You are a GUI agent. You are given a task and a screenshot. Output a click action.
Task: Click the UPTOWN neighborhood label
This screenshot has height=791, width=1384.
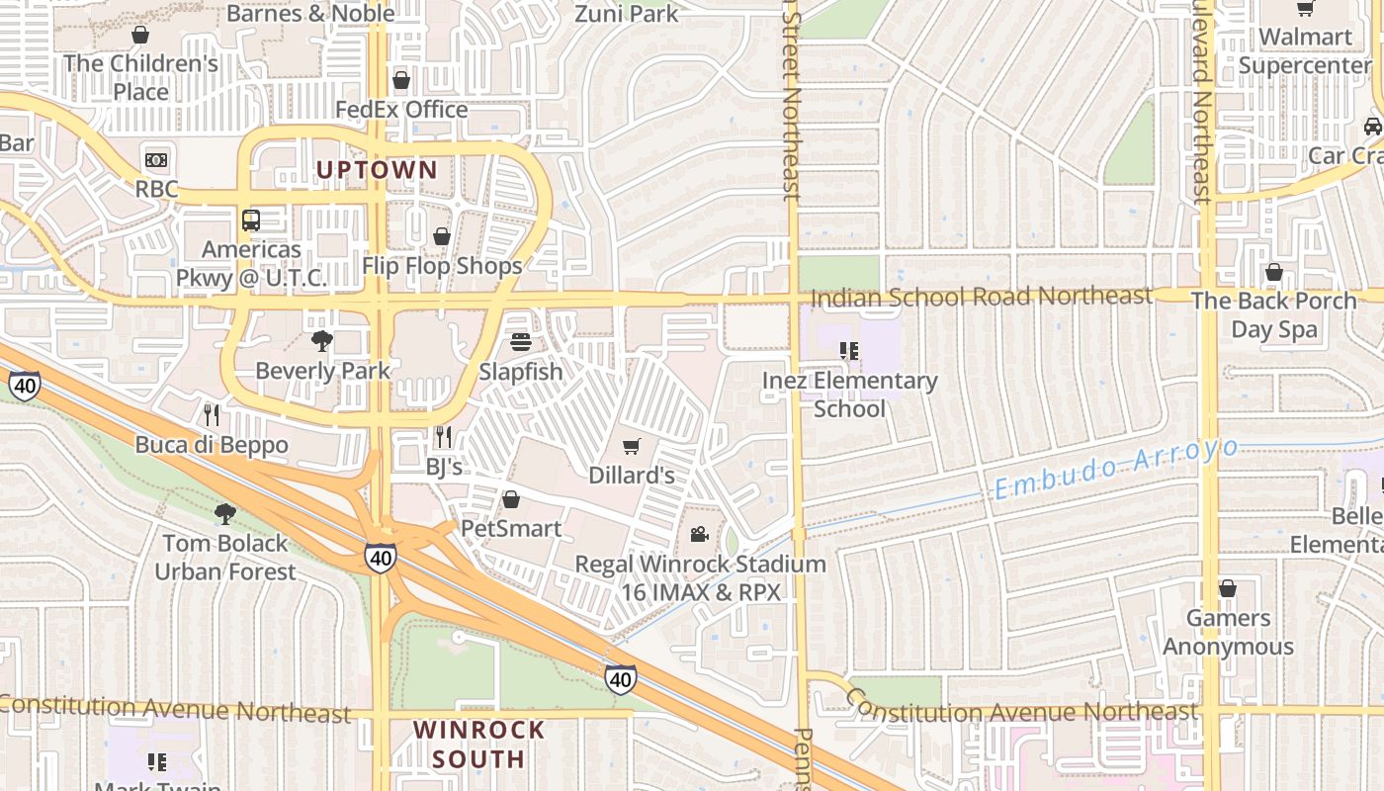[x=376, y=169]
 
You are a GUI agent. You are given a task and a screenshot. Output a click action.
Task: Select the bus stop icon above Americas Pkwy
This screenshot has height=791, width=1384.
[x=251, y=220]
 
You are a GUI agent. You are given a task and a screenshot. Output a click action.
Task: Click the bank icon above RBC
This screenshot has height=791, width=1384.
[x=156, y=159]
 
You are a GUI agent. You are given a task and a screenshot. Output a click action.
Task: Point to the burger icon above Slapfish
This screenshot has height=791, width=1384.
[x=521, y=342]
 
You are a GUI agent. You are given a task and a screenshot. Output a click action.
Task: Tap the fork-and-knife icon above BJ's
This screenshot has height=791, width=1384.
[x=443, y=436]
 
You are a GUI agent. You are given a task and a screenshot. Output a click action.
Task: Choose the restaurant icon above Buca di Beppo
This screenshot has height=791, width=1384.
[x=212, y=414]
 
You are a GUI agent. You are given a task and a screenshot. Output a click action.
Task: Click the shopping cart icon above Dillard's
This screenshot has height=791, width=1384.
[x=632, y=446]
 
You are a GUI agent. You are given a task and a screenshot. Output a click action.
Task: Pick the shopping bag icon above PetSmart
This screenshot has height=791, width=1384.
[x=511, y=499]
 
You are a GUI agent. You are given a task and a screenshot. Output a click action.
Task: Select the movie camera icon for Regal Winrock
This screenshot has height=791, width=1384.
[x=699, y=535]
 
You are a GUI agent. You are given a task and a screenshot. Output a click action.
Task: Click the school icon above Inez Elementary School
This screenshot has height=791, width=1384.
[x=848, y=350]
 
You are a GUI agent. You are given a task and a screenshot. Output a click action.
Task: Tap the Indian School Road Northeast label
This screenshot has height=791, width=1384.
[x=981, y=296]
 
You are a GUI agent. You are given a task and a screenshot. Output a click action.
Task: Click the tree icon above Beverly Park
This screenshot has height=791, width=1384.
[x=322, y=341]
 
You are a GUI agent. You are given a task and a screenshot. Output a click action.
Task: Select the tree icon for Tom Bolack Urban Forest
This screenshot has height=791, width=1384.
[x=225, y=513]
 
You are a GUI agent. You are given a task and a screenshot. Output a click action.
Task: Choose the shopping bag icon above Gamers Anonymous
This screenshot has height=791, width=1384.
[x=1227, y=588]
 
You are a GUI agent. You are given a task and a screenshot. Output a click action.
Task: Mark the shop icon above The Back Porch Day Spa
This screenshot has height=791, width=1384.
[x=1273, y=271]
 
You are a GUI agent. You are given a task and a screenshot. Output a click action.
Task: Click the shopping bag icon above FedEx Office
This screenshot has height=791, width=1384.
[x=401, y=79]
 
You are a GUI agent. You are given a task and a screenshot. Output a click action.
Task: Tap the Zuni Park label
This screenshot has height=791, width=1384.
[x=627, y=14]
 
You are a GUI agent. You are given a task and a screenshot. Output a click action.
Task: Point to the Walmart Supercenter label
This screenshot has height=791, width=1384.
[x=1305, y=51]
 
